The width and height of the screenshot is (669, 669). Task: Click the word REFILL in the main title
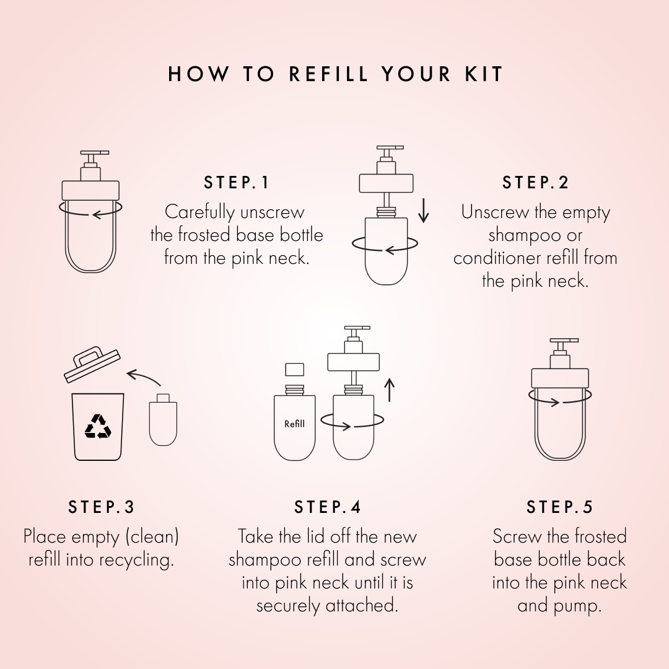(328, 74)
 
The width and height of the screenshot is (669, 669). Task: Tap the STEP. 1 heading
(237, 183)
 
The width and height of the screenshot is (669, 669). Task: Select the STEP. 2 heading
(535, 183)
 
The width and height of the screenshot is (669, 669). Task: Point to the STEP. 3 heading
(101, 507)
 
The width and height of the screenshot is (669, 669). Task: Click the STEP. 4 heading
(327, 507)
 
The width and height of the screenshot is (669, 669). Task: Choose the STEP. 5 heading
(559, 507)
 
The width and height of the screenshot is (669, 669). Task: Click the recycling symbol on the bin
(98, 426)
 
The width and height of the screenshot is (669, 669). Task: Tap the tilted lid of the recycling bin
(92, 364)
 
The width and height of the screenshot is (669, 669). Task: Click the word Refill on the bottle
(294, 424)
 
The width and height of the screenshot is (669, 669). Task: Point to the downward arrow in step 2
(423, 211)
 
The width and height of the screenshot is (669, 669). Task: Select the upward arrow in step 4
(389, 390)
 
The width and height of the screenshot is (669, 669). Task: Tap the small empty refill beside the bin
(163, 419)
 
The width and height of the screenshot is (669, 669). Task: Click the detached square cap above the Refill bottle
(294, 369)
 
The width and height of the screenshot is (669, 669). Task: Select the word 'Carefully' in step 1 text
(198, 212)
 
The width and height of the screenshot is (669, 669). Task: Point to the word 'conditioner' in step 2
(496, 258)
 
